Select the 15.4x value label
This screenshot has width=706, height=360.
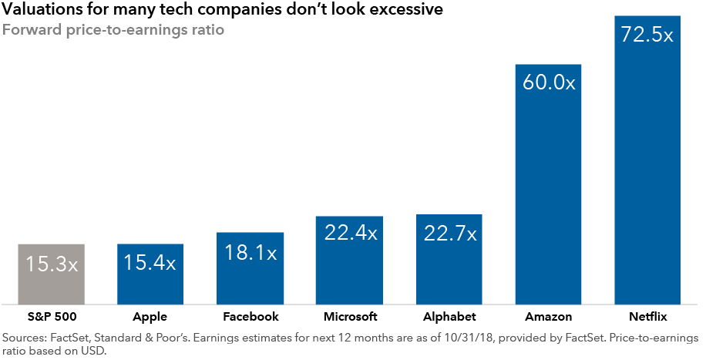tap(150, 264)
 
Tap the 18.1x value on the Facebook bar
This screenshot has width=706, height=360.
tap(250, 253)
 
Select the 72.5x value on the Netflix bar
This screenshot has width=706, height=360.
tap(647, 35)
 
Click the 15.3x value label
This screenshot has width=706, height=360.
tap(51, 264)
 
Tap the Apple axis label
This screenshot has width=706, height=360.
tap(150, 317)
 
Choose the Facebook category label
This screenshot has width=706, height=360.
tap(250, 317)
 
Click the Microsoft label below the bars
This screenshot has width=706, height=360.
tap(349, 317)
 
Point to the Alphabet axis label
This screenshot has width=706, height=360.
tap(449, 317)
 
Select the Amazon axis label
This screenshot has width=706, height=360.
tap(548, 317)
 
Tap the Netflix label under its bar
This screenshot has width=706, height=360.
tap(647, 317)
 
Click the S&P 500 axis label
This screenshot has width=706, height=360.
tap(51, 317)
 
